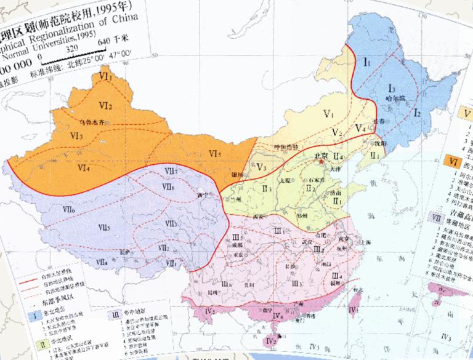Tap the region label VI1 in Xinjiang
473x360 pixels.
[x=106, y=78]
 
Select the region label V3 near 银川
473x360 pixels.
[x=262, y=167]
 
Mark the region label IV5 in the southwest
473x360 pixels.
[x=209, y=311]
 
